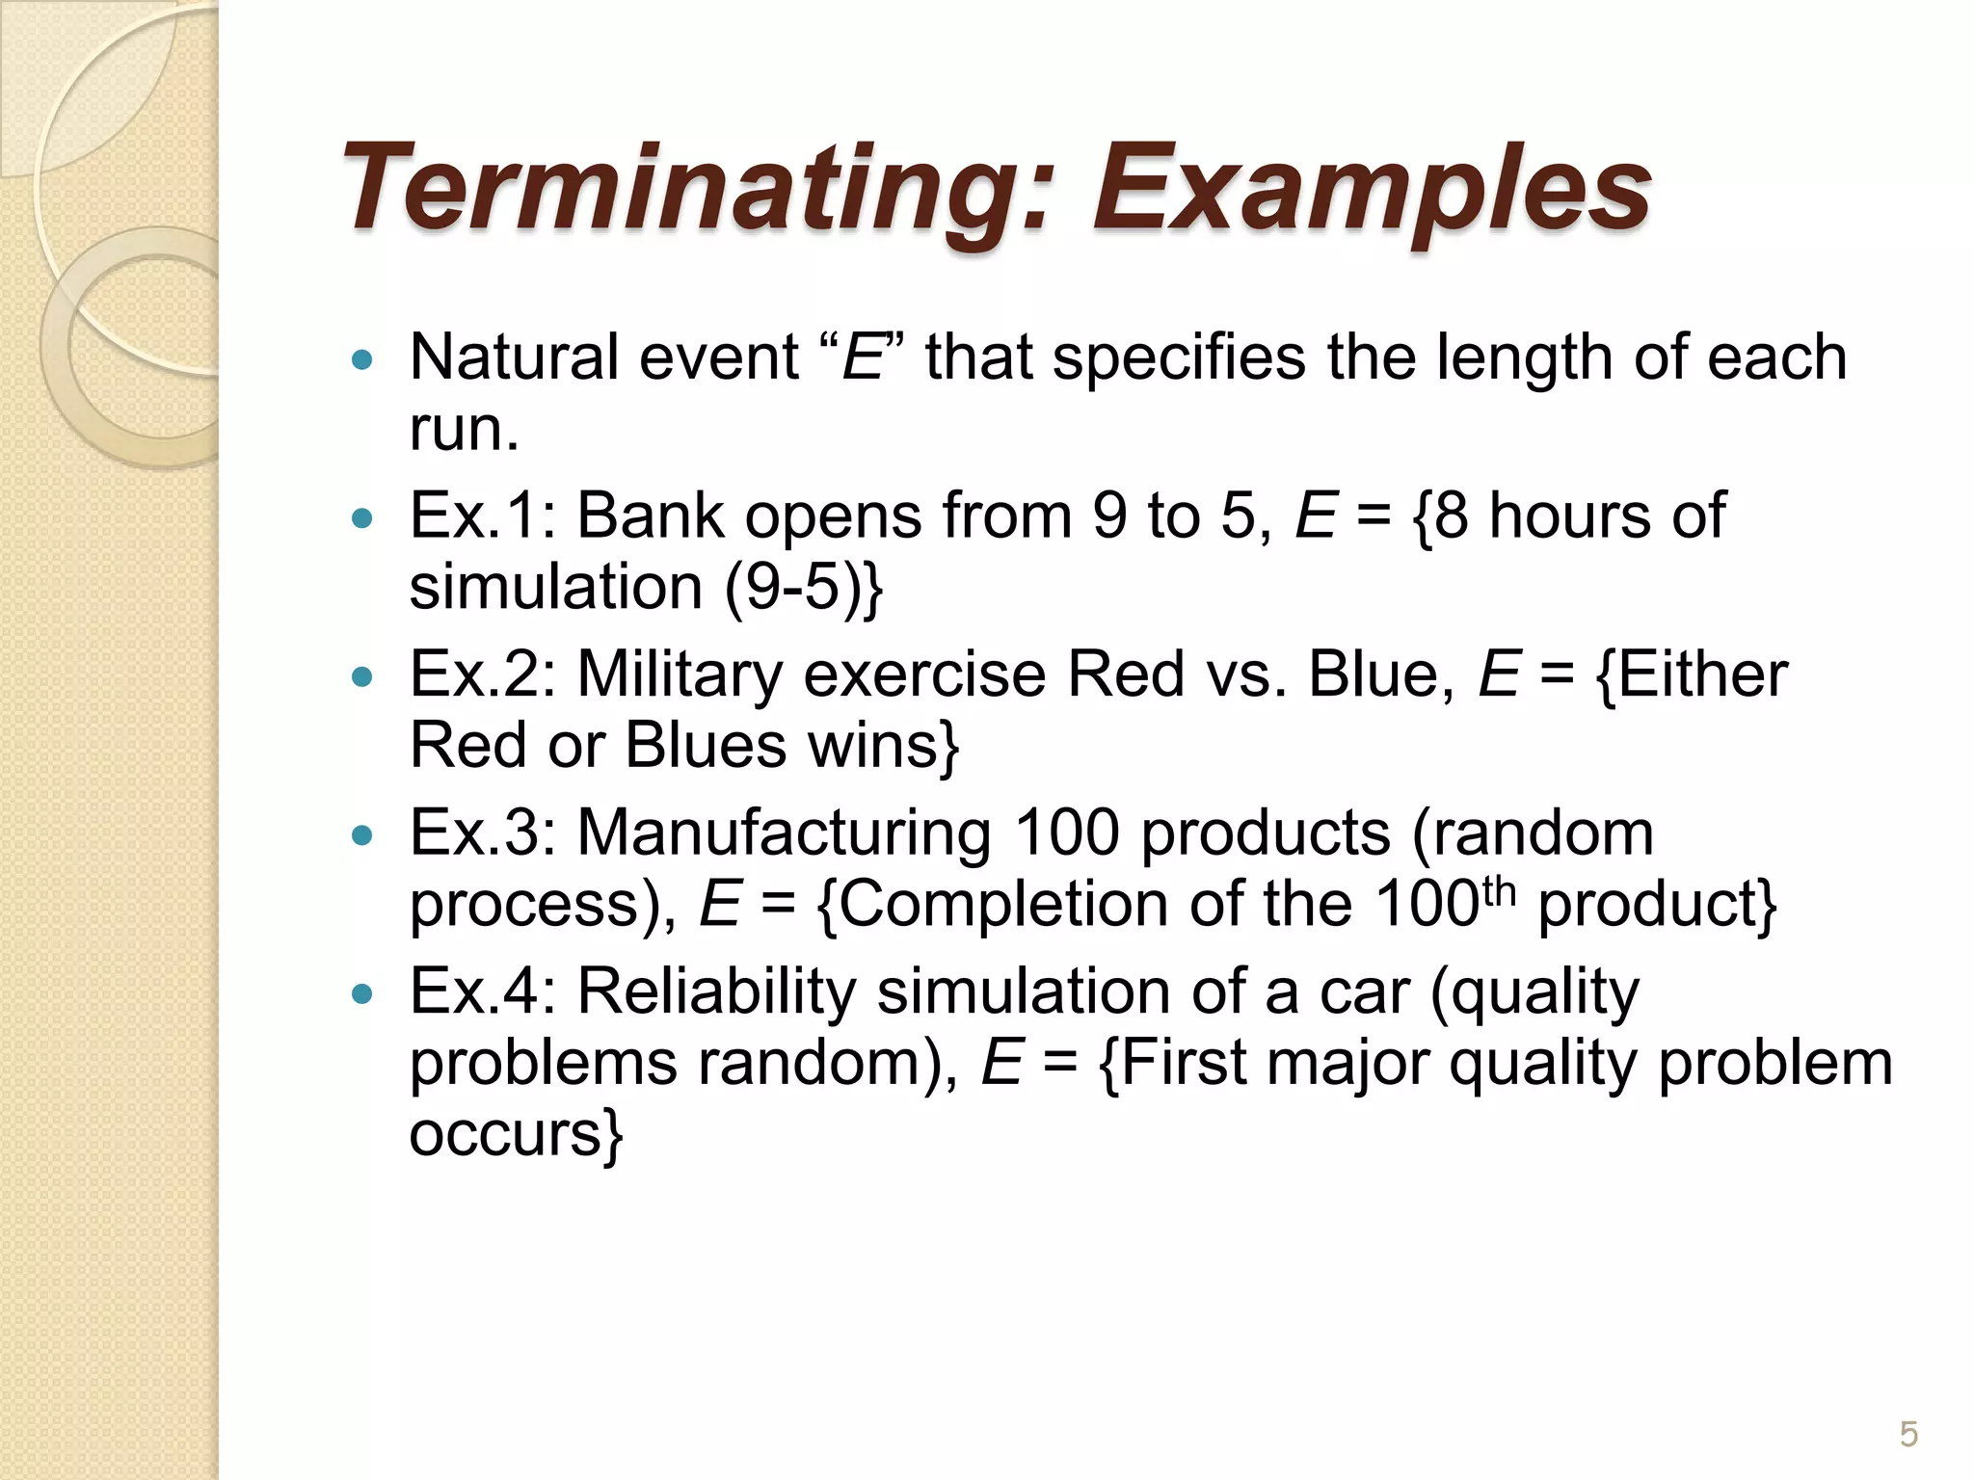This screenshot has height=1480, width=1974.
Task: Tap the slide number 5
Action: [x=1908, y=1435]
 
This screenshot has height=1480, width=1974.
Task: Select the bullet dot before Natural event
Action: [x=362, y=360]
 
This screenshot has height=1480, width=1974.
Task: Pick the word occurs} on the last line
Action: [x=517, y=1134]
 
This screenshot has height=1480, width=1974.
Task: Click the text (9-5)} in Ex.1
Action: [x=803, y=587]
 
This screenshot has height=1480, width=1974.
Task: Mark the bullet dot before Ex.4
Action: [x=362, y=994]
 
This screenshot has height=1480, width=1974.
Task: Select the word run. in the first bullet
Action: [x=464, y=429]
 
